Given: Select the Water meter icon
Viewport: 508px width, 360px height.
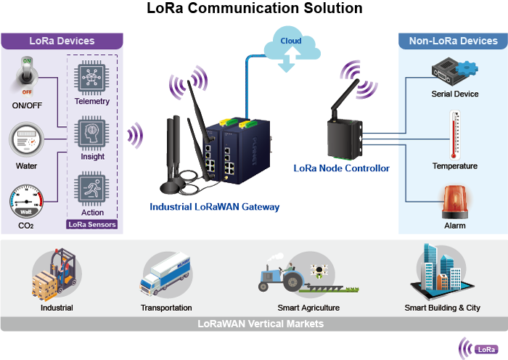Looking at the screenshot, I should (27, 140).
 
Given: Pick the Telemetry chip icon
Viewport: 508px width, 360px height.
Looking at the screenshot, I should (92, 77).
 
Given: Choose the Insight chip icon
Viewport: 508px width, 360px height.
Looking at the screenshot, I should (92, 133).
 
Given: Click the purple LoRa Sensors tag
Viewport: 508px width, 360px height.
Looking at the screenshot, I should (92, 224).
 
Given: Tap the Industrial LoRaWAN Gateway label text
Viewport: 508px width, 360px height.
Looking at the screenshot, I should (214, 207).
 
